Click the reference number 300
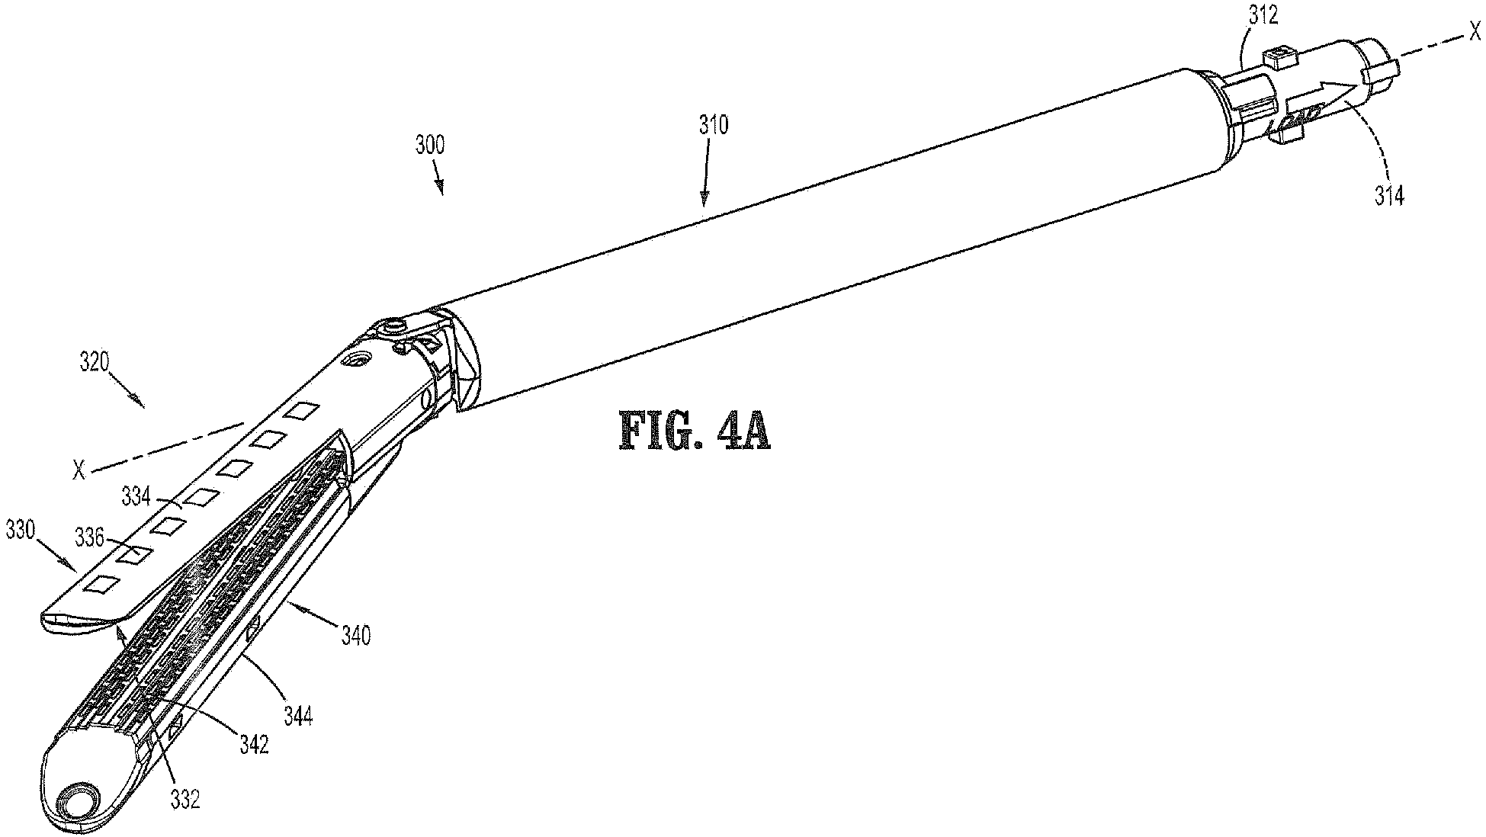(x=429, y=145)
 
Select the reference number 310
(x=713, y=124)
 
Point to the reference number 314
(x=1389, y=196)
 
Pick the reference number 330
(x=20, y=528)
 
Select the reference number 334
(x=136, y=498)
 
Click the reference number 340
(x=355, y=634)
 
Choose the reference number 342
(x=253, y=745)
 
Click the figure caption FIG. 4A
(x=695, y=433)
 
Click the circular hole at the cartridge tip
(x=79, y=802)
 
